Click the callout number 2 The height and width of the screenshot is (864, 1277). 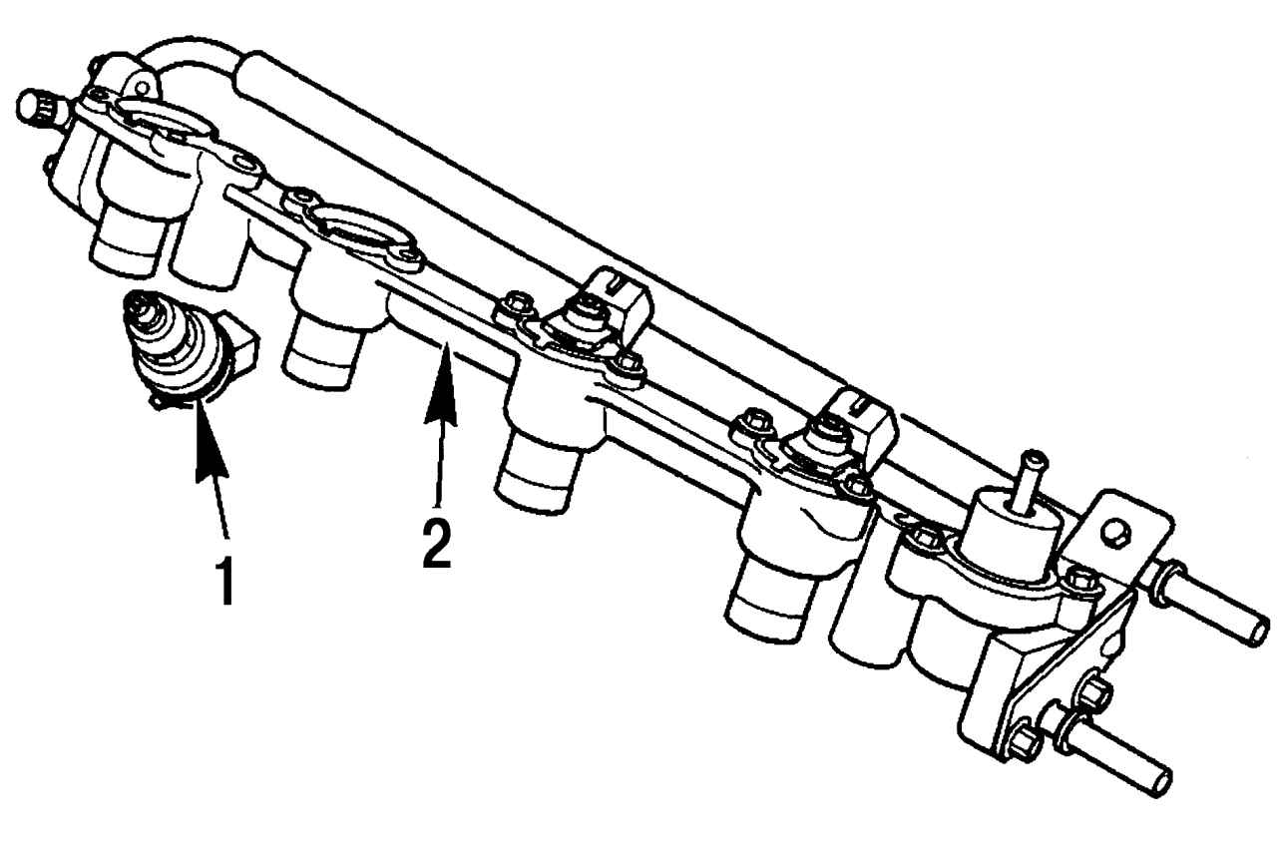pos(437,544)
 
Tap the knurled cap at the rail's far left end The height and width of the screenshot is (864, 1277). pos(41,107)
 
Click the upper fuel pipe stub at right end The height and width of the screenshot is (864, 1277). pos(1208,606)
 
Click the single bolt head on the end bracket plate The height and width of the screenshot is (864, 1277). pos(1114,533)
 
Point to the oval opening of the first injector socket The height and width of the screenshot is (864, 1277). pos(166,117)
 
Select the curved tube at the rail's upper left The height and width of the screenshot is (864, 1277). pos(189,54)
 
